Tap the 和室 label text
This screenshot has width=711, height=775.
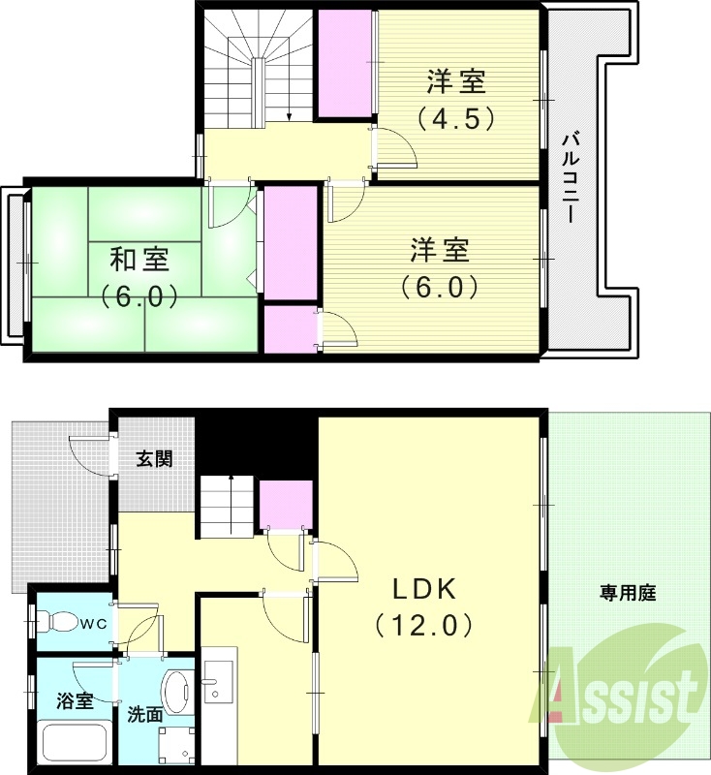[139, 260]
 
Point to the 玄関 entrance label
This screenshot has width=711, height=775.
[154, 458]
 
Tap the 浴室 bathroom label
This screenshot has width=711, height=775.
[75, 700]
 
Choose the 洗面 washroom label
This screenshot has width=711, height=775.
[144, 716]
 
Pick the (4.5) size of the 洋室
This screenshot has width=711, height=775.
[455, 118]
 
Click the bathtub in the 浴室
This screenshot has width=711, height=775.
[76, 741]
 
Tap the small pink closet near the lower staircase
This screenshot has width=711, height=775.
[286, 505]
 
